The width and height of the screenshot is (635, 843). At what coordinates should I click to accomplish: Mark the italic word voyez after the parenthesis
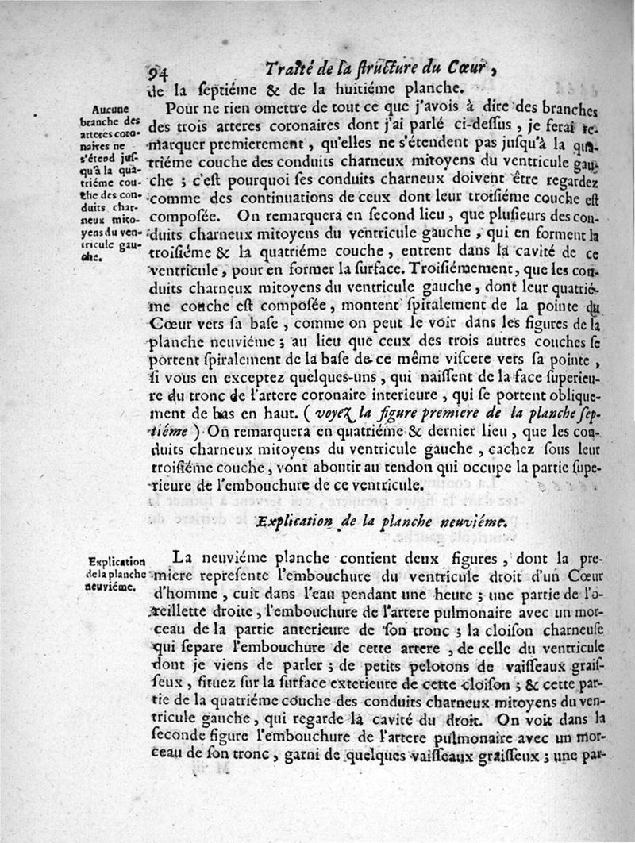(336, 414)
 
